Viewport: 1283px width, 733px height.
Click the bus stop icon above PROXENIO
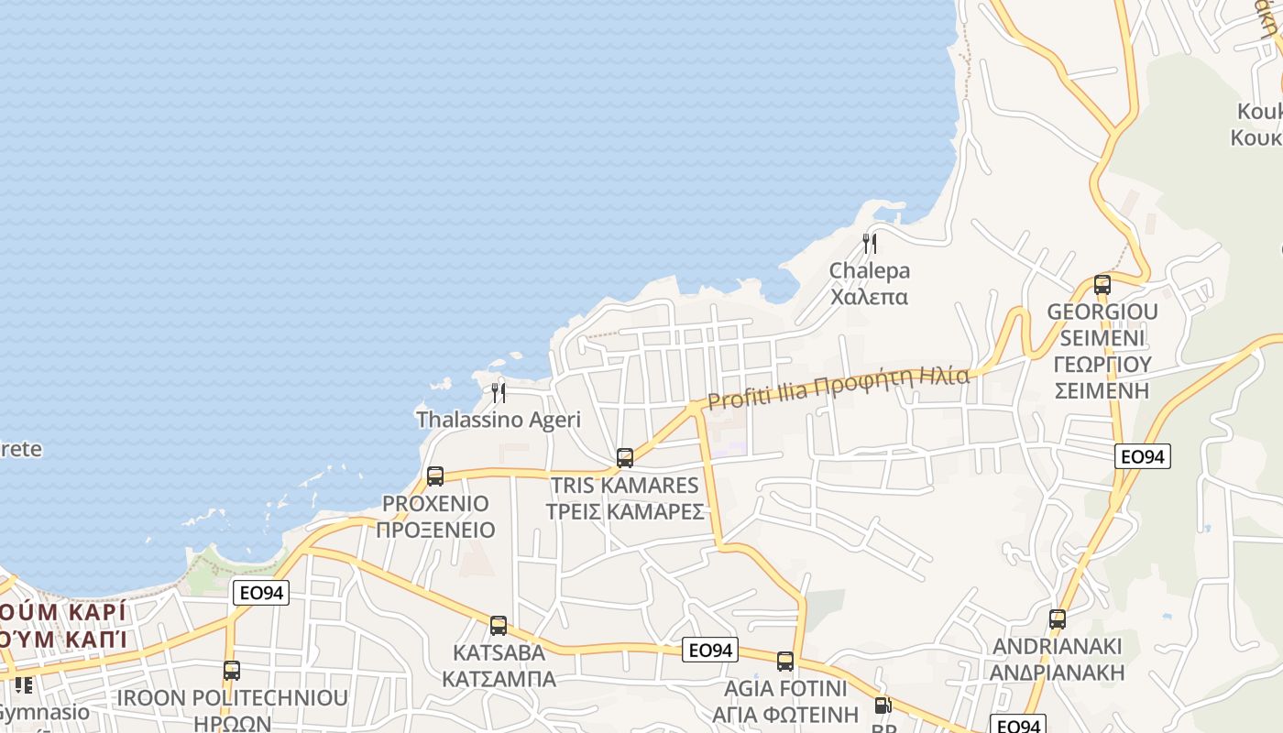(435, 476)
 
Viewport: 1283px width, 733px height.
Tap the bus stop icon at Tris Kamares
(625, 457)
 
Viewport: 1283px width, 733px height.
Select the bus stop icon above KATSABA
(499, 626)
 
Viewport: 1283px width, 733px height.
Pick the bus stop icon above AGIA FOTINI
(785, 662)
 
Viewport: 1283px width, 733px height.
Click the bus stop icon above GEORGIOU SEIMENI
(1102, 285)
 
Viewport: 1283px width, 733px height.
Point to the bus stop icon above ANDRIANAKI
(1058, 619)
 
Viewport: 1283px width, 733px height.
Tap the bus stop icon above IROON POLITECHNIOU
(232, 671)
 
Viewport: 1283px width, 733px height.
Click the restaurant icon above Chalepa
(870, 244)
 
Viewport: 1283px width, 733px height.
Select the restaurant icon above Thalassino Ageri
(499, 393)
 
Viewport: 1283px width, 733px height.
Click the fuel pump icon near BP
(883, 706)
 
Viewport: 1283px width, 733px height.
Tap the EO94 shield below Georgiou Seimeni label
(1143, 456)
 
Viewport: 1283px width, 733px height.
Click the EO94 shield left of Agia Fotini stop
(710, 651)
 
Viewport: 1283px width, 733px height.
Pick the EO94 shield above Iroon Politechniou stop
(261, 593)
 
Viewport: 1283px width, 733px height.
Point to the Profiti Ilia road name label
(838, 388)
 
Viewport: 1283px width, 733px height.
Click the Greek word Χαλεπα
(870, 297)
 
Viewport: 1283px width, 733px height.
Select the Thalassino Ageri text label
(499, 420)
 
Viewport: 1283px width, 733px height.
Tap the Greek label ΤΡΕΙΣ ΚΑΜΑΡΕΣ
(625, 511)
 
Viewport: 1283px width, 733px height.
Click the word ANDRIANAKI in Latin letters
(1058, 647)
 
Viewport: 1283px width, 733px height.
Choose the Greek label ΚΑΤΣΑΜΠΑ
(499, 679)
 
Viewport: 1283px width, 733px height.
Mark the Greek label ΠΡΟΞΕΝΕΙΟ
(435, 530)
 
